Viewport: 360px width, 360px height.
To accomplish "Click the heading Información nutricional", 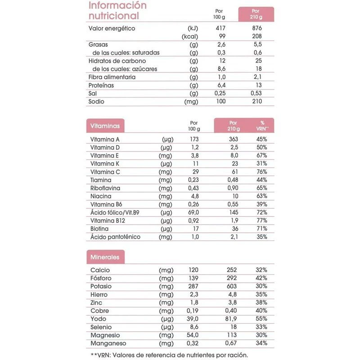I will coord(117,11).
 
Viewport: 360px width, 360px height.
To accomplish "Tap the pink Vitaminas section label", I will coord(105,126).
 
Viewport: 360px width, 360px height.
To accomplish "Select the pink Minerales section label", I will coord(105,257).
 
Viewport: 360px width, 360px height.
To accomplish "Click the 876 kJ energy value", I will coord(256,28).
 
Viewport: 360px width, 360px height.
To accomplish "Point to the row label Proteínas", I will coord(101,85).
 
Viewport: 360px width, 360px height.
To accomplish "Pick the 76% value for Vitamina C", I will coord(261,172).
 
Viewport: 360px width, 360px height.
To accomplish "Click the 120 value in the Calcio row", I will coord(193,270).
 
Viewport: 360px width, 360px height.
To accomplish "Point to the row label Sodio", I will coord(97,101).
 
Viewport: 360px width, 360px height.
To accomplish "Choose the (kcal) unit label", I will coord(189,36).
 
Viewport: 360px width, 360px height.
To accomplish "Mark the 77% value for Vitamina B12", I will coord(261,220).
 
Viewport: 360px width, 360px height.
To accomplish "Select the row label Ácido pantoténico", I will coord(115,237).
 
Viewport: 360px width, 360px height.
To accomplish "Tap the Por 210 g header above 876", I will coord(256,13).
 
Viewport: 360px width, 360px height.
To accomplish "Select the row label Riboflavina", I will coord(108,188).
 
